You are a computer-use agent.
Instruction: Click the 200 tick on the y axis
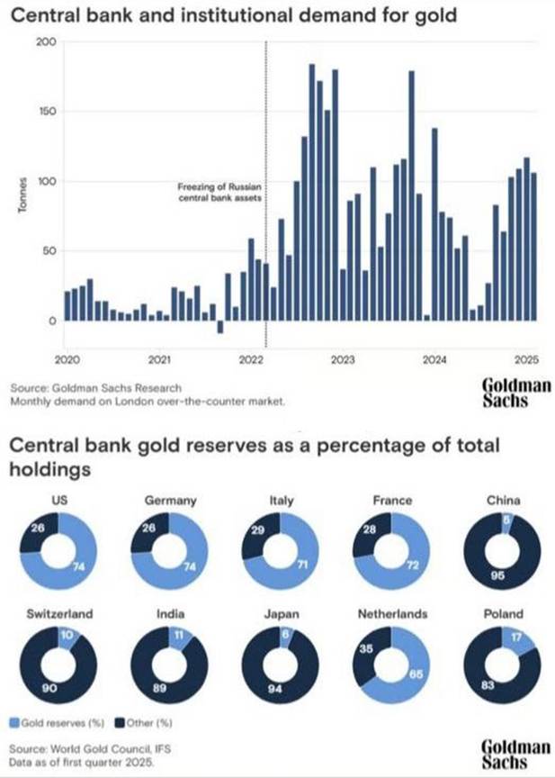pyautogui.click(x=47, y=42)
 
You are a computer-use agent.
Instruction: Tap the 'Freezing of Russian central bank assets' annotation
pyautogui.click(x=219, y=193)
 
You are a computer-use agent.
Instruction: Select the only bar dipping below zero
pyautogui.click(x=220, y=327)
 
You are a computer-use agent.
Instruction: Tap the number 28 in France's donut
pyautogui.click(x=369, y=530)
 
